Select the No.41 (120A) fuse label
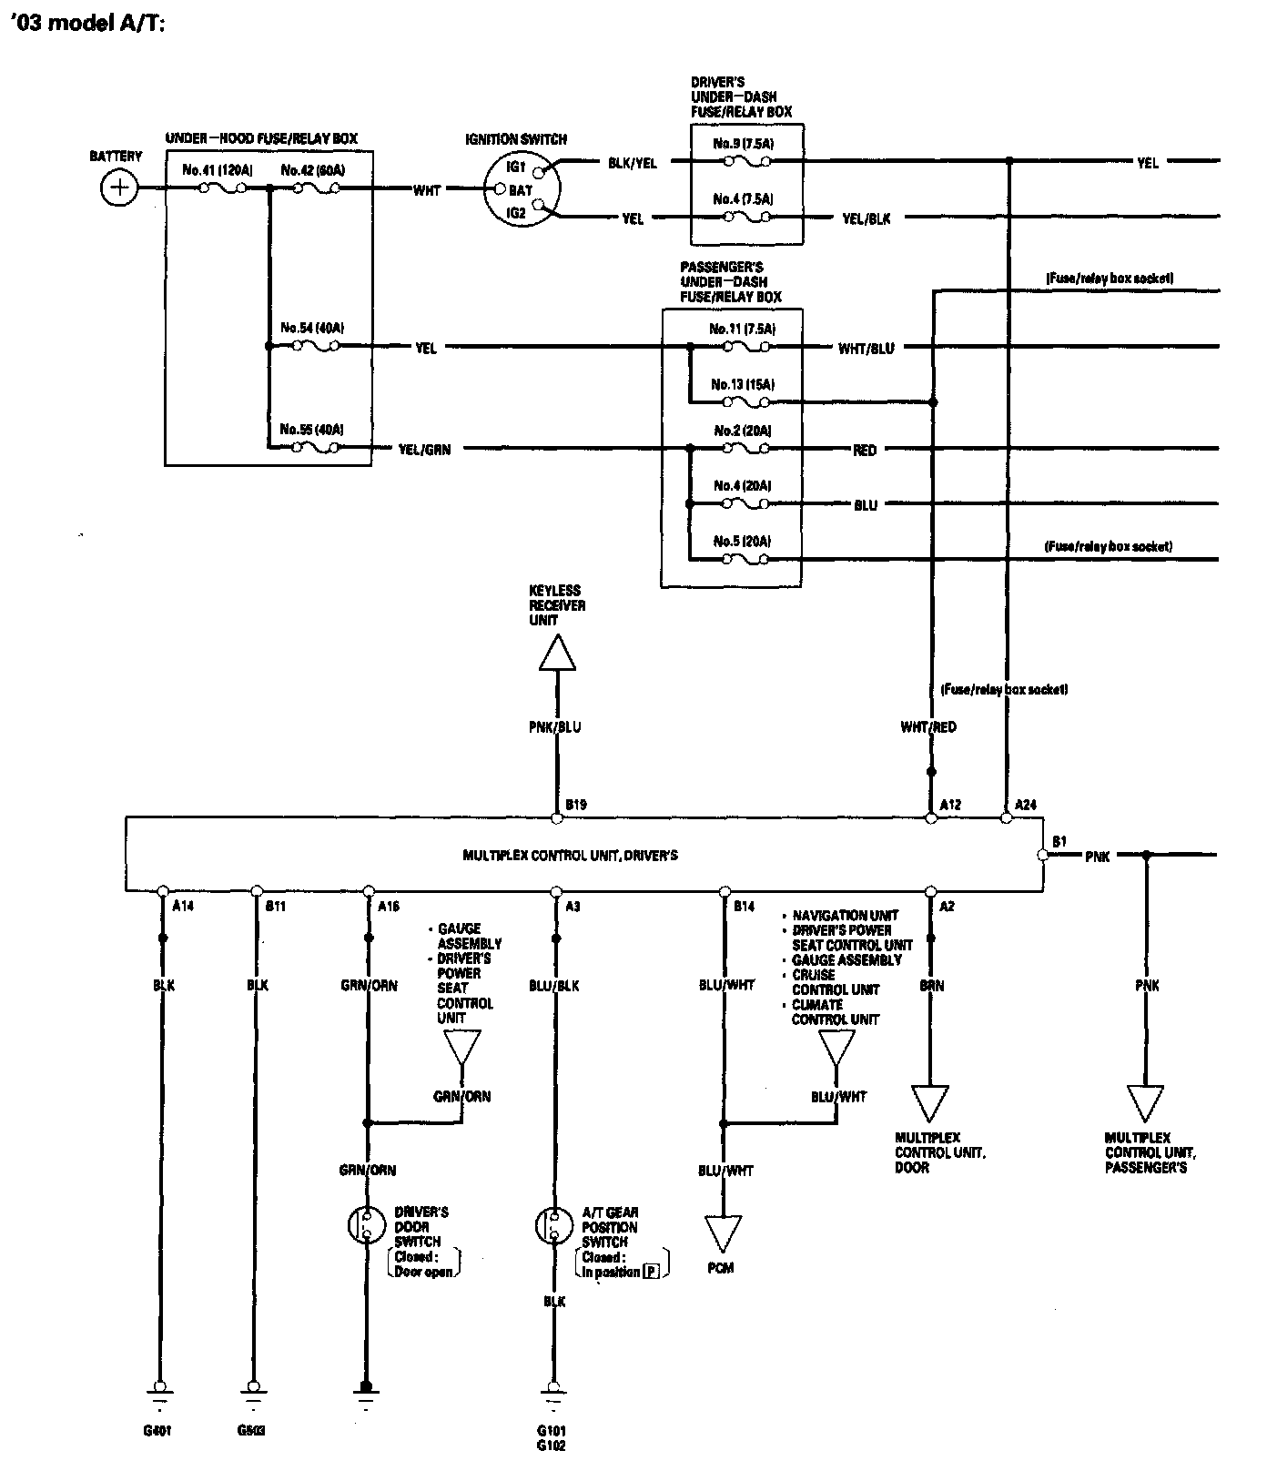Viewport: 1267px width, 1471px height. point(218,170)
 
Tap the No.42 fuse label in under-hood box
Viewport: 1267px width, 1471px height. point(313,170)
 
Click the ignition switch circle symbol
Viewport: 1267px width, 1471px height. point(521,189)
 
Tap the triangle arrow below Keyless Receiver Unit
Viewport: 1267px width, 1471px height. point(556,653)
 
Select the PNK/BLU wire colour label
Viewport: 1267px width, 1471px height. point(555,727)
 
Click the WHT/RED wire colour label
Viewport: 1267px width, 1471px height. point(928,727)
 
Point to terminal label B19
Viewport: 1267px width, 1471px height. point(575,805)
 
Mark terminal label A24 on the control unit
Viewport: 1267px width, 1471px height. point(1025,805)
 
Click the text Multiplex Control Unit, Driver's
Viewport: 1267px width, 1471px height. point(570,856)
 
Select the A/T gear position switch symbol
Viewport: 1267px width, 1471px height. point(552,1225)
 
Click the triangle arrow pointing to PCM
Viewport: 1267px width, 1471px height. point(724,1234)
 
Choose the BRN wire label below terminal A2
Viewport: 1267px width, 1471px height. point(931,986)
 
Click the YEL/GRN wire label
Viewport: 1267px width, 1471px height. point(425,449)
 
